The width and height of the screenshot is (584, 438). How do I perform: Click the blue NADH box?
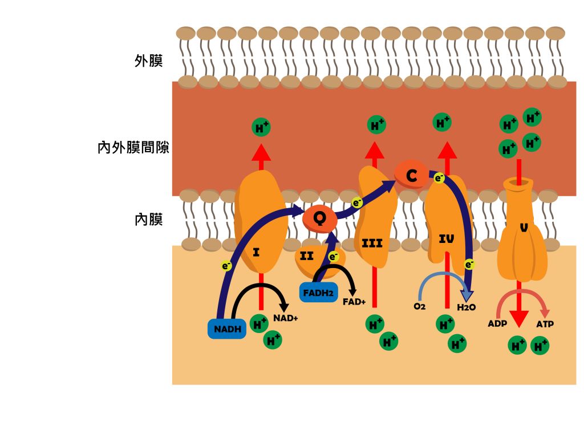[x=227, y=328]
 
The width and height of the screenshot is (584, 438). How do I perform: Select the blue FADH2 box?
[x=318, y=293]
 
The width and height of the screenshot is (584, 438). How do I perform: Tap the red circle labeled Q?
[x=320, y=218]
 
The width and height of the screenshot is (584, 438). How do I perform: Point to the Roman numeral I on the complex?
[x=256, y=251]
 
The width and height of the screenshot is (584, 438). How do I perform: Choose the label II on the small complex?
[x=307, y=256]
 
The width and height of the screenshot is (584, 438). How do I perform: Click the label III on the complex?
[x=372, y=244]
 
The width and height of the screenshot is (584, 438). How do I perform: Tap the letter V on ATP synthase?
[x=523, y=228]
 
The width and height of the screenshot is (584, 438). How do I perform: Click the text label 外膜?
[x=149, y=61]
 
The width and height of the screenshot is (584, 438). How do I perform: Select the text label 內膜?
[x=149, y=219]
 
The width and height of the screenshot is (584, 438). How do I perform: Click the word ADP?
[x=497, y=324]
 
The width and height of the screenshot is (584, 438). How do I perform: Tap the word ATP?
[x=545, y=324]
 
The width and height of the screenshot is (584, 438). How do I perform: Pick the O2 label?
[x=420, y=306]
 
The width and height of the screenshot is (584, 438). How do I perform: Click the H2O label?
[x=466, y=307]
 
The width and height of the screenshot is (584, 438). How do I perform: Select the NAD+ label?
[x=286, y=318]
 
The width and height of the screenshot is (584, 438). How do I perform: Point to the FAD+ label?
[x=354, y=302]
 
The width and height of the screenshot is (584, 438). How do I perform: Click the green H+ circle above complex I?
[x=261, y=128]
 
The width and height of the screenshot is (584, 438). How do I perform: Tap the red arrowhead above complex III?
[x=374, y=150]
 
